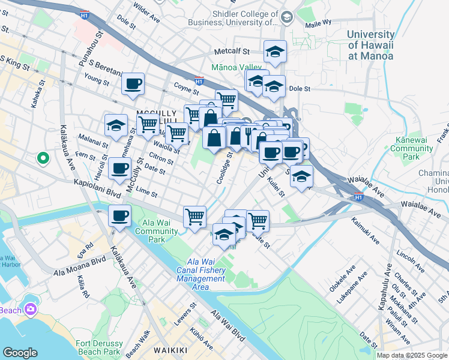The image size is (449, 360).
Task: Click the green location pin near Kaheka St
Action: pos(43,159)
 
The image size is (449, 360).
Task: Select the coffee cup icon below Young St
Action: pos(133,84)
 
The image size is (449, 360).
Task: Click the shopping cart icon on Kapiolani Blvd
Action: pos(194,217)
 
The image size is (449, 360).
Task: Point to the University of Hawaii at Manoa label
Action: pos(370,44)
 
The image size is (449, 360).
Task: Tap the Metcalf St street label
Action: pos(229,51)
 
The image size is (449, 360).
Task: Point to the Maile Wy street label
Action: pos(318,22)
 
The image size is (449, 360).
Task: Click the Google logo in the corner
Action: pos(20,353)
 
